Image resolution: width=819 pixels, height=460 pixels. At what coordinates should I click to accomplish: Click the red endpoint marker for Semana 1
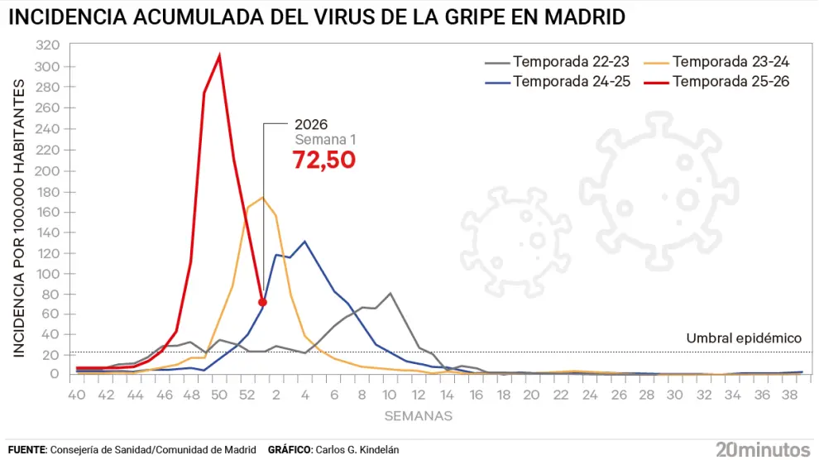click(262, 302)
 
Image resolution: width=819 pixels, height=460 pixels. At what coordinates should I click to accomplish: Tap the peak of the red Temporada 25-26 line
click(219, 56)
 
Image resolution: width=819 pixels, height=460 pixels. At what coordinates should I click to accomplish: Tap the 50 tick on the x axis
click(219, 395)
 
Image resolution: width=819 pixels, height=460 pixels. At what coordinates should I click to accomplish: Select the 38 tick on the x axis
click(788, 395)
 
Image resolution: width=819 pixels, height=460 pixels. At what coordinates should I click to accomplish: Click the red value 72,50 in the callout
click(324, 160)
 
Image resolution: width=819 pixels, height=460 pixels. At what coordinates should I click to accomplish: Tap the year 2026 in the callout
click(311, 126)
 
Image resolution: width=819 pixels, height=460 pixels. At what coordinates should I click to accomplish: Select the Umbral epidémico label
click(744, 338)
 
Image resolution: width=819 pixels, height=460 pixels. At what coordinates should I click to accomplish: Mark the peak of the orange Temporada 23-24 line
click(262, 198)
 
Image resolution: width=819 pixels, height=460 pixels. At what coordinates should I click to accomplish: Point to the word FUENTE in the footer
click(26, 449)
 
